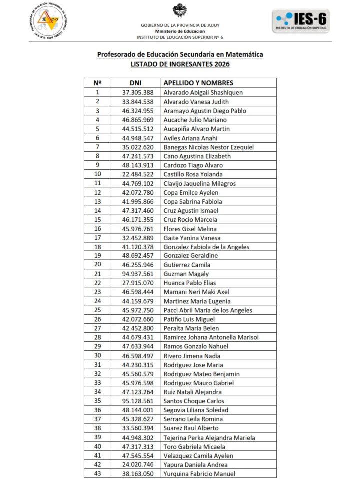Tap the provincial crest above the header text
(180, 10)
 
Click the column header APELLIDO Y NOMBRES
(199, 83)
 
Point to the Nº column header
(97, 83)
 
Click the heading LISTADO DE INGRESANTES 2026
(180, 64)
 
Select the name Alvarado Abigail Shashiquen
(203, 92)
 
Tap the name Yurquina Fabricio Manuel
(199, 474)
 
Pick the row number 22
(97, 283)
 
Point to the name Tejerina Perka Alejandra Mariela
(209, 437)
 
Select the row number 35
(97, 401)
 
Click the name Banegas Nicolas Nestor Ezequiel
(209, 147)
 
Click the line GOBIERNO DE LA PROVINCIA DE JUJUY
(180, 25)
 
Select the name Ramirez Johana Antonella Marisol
(211, 337)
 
